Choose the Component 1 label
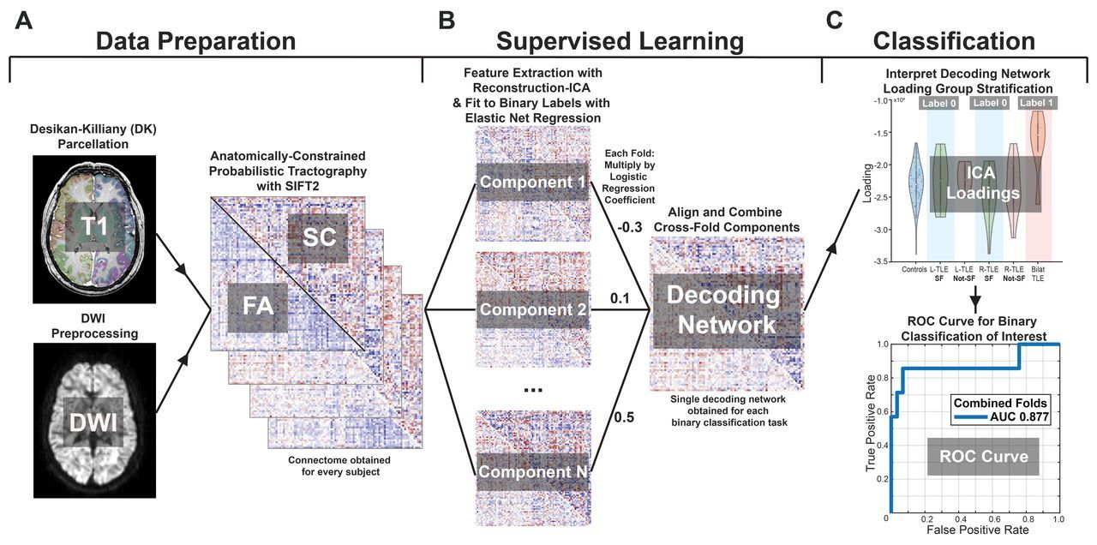[532, 182]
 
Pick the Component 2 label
[532, 309]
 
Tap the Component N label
[532, 471]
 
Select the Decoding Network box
[724, 309]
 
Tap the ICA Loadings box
[985, 183]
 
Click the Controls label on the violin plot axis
[914, 269]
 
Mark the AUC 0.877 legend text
[1008, 418]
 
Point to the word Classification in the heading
[953, 40]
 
